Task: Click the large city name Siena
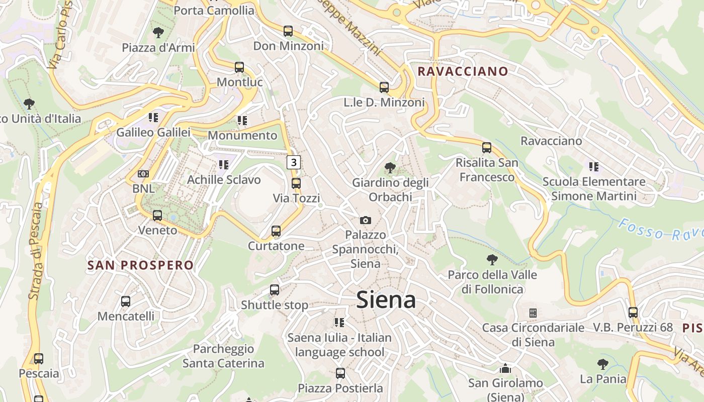386,300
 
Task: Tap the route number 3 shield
294,162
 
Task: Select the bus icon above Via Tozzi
296,183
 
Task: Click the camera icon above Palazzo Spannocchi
366,220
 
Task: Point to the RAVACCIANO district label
463,71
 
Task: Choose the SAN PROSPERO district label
140,265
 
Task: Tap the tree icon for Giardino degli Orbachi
390,168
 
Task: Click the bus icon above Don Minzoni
288,31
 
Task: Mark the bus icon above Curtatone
276,231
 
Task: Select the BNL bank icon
143,174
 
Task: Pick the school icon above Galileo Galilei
153,118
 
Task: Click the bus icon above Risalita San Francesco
486,148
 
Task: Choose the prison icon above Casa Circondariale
533,313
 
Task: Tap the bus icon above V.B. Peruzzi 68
633,313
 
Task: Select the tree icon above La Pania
602,364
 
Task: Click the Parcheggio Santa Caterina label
223,356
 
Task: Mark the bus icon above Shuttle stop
275,290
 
